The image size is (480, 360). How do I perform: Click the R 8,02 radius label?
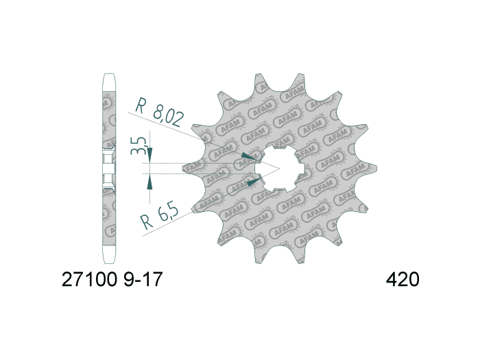(159, 113)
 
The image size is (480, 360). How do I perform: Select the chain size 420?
(402, 280)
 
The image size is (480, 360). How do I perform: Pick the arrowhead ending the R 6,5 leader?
(253, 182)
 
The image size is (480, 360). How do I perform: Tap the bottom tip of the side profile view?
(108, 261)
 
